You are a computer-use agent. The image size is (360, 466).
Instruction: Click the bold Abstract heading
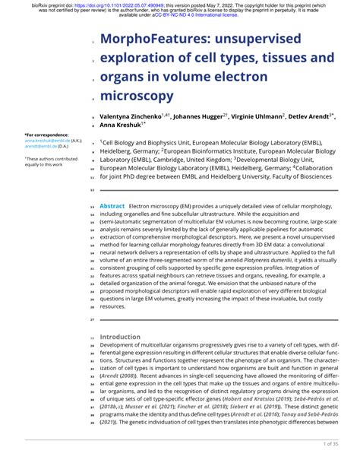tap(112, 206)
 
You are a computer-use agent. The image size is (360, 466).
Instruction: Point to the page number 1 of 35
tap(335, 443)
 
